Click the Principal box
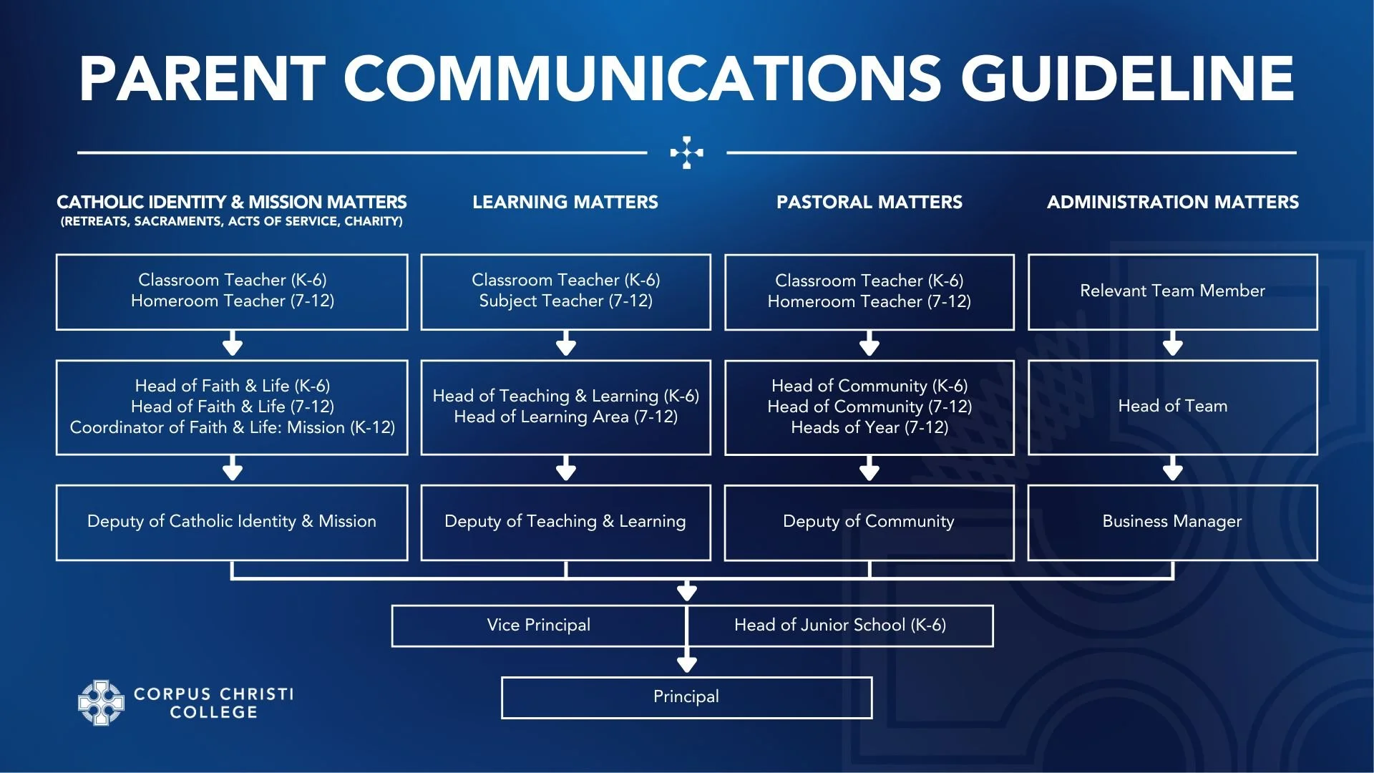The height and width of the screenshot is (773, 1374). pyautogui.click(x=686, y=697)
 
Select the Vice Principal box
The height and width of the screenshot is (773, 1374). pyautogui.click(x=538, y=626)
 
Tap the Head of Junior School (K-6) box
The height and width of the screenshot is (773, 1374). pyautogui.click(x=839, y=626)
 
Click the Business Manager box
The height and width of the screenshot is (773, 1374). pyautogui.click(x=1172, y=522)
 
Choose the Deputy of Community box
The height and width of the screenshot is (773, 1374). pyautogui.click(x=869, y=522)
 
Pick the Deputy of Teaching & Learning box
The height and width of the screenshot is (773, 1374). pyautogui.click(x=565, y=522)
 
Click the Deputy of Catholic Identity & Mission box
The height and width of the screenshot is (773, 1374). pyautogui.click(x=232, y=522)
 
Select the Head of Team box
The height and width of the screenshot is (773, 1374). pyautogui.click(x=1172, y=407)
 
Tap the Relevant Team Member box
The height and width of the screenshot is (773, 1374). pyautogui.click(x=1172, y=291)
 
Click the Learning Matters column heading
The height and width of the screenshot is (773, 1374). pyautogui.click(x=565, y=203)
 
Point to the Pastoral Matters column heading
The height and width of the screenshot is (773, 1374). pyautogui.click(x=869, y=203)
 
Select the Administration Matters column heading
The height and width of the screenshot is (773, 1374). pyautogui.click(x=1173, y=203)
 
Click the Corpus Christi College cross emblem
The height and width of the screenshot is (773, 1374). pyautogui.click(x=101, y=703)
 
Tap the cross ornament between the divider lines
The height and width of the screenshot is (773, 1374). pyautogui.click(x=687, y=152)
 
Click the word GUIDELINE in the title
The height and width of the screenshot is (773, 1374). pyautogui.click(x=1127, y=79)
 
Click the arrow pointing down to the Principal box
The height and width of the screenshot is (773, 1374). pyautogui.click(x=687, y=662)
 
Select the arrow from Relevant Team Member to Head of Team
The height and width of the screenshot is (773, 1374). pyautogui.click(x=1172, y=344)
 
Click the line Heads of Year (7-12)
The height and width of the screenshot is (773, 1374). pyautogui.click(x=869, y=428)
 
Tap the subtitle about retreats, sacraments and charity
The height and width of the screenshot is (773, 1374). pyautogui.click(x=232, y=222)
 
